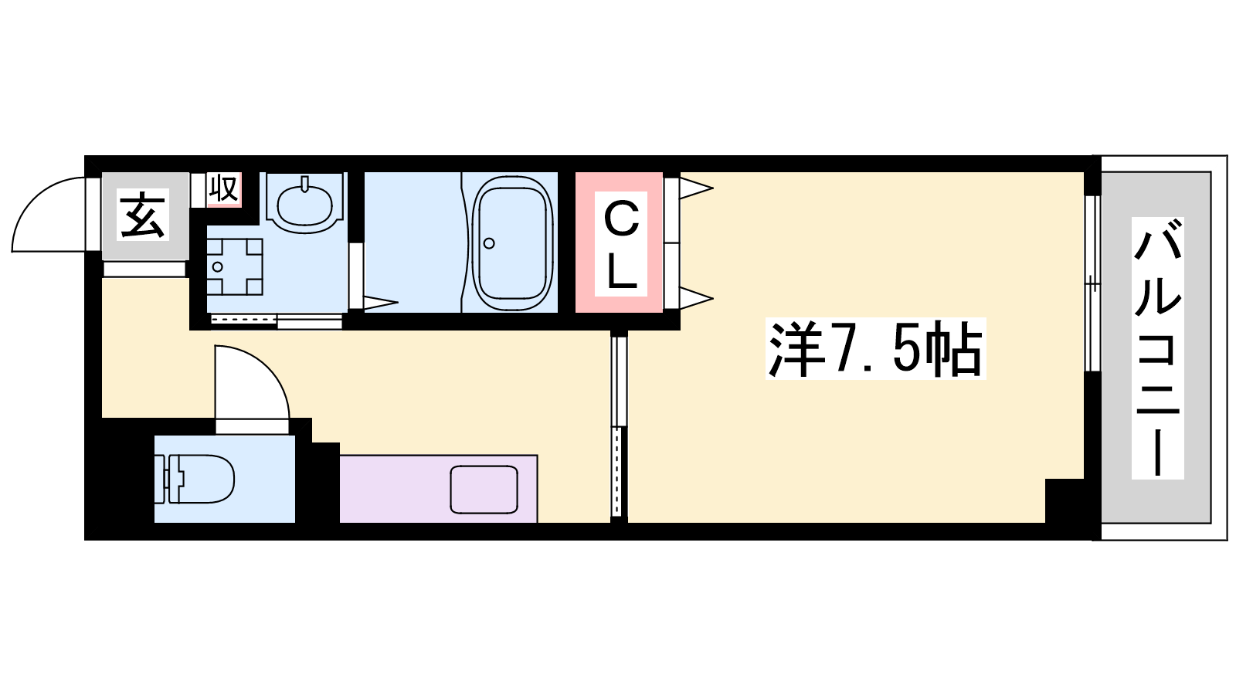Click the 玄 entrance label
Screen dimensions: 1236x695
coord(142,215)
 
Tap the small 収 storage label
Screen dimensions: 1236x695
coord(223,189)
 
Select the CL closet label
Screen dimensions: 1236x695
coord(621,244)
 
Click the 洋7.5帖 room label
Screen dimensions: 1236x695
coord(876,348)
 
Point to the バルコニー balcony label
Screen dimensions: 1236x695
coord(1158,348)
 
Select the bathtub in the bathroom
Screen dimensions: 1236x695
coord(513,243)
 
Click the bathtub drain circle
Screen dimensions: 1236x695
coord(489,243)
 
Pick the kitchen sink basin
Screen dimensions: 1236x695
coord(484,490)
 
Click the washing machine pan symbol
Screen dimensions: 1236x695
coord(235,266)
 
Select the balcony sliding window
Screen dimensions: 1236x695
coord(1092,283)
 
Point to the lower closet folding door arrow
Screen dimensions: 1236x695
coord(696,298)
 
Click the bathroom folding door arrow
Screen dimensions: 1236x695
coord(381,302)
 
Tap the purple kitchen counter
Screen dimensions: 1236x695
coord(439,488)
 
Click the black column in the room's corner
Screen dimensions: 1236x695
coord(1065,501)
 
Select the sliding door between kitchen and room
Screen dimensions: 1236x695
coord(619,426)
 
